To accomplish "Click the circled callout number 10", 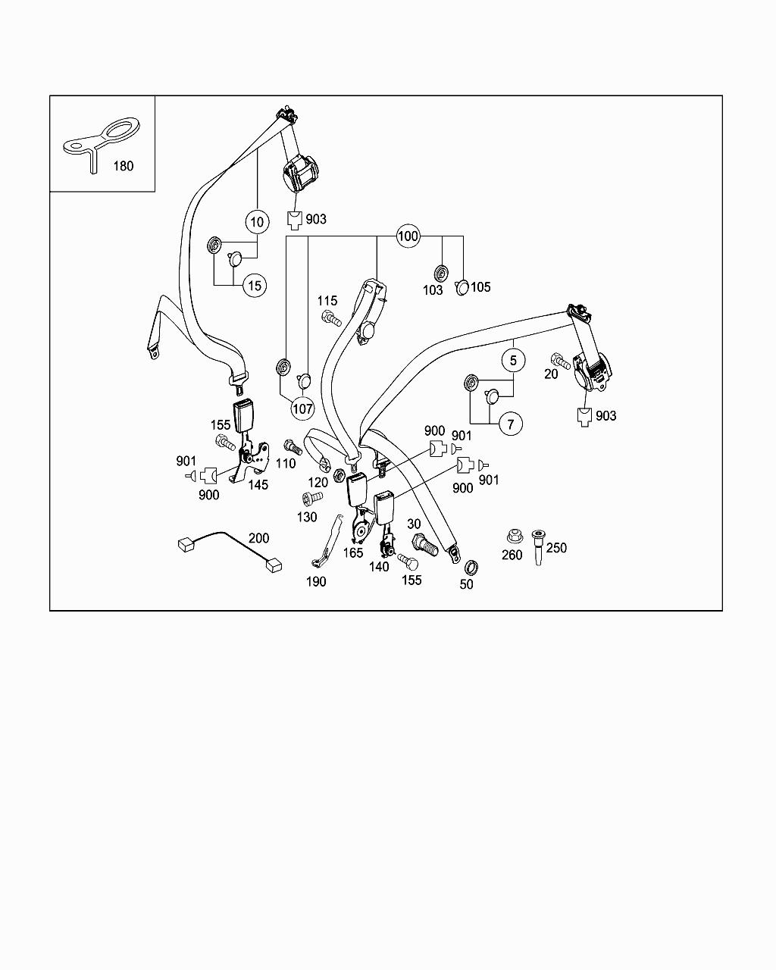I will pos(257,221).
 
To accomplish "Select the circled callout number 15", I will pos(255,285).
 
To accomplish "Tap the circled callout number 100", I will pos(408,236).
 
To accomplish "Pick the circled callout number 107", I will pos(302,408).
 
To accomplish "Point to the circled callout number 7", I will pos(510,424).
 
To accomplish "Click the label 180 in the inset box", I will pos(123,165).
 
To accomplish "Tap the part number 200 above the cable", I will pos(259,538).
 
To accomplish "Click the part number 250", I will pos(556,547).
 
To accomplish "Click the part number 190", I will pos(316,581).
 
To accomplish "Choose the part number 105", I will pos(480,286).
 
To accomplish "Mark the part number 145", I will pos(258,484).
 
